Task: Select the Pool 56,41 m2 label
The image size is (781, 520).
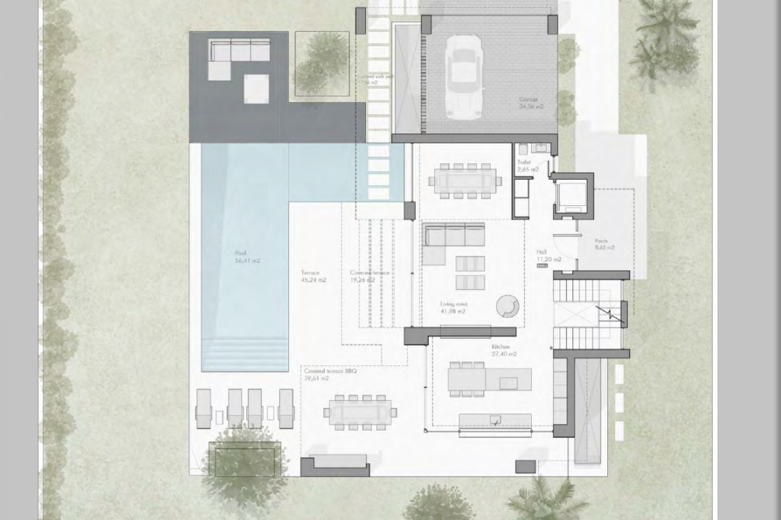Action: (x=247, y=257)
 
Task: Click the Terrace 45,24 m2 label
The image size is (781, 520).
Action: (x=313, y=276)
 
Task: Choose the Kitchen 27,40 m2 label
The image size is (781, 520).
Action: (x=504, y=350)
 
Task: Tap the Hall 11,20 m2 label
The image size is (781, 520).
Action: (x=548, y=256)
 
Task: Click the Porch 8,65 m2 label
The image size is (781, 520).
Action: (x=604, y=244)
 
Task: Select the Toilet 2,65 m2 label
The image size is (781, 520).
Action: (x=528, y=166)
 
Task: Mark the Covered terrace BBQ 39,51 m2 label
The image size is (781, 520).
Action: (x=330, y=375)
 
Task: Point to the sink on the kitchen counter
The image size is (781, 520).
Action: (x=495, y=420)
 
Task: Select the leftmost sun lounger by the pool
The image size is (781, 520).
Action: (x=203, y=408)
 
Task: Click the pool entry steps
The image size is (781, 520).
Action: (x=245, y=355)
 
